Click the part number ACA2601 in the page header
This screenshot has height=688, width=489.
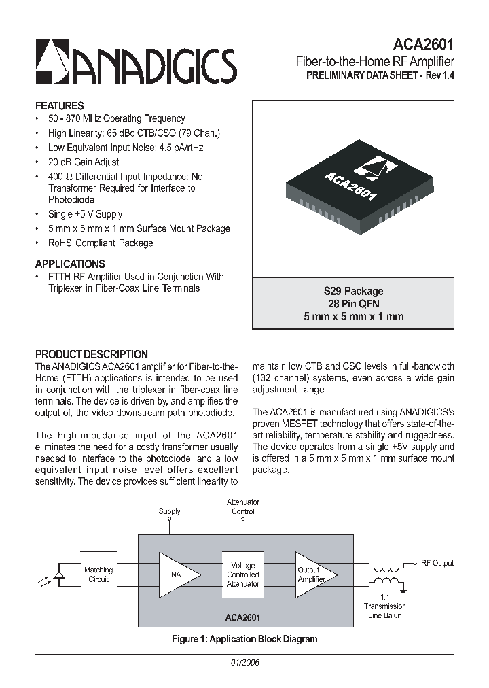pyautogui.click(x=425, y=44)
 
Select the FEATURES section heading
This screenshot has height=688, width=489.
pyautogui.click(x=60, y=106)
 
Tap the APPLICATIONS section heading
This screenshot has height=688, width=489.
pyautogui.click(x=70, y=264)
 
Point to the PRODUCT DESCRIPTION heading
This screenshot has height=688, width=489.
pyautogui.click(x=91, y=354)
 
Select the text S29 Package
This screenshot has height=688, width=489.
pyautogui.click(x=353, y=291)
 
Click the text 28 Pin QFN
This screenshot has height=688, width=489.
pyautogui.click(x=353, y=304)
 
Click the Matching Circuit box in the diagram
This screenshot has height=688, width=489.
pyautogui.click(x=98, y=574)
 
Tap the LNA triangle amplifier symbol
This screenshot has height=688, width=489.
pyautogui.click(x=176, y=574)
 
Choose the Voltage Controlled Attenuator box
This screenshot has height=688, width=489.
pyautogui.click(x=242, y=574)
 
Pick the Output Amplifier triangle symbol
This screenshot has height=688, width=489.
pyautogui.click(x=310, y=574)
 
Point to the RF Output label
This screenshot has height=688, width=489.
pyautogui.click(x=437, y=563)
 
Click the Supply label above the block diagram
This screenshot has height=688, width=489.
pyautogui.click(x=170, y=511)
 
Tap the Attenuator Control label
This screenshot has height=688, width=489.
pyautogui.click(x=243, y=506)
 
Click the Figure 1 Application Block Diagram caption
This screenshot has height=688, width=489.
pyautogui.click(x=244, y=639)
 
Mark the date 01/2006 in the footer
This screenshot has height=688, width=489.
pyautogui.click(x=244, y=662)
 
